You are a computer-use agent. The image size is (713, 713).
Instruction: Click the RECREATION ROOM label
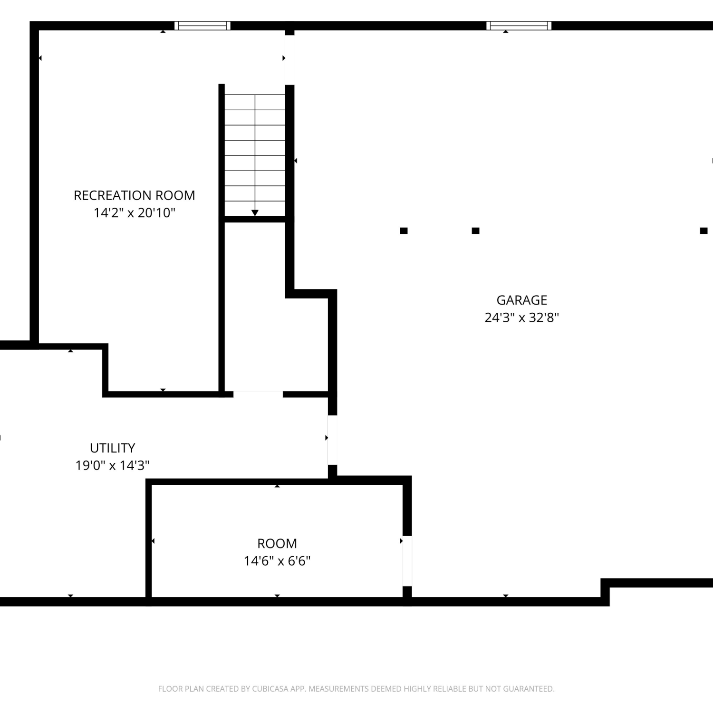pos(135,195)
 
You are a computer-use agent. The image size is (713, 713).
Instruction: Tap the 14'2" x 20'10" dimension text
pos(135,212)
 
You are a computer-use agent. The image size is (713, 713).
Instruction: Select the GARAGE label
pos(522,300)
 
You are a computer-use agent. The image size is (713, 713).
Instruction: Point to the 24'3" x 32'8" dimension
pos(522,318)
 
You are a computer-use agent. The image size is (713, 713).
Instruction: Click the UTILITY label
pos(113,448)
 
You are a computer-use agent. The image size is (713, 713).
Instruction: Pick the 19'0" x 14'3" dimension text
pos(113,465)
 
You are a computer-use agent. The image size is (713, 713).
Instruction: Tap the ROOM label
pos(277,543)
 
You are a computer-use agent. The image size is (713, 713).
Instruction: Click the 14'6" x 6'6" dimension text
pos(277,561)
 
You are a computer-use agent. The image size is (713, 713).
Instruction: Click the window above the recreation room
pos(202,26)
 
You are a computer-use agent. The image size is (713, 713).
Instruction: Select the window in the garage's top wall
pos(519,26)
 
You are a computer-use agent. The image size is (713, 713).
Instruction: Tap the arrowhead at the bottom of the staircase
pos(255,213)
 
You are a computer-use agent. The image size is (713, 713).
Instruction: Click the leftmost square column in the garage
pos(404,231)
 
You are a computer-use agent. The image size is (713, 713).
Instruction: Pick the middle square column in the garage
pos(475,231)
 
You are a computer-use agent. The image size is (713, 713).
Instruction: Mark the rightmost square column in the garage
pos(703,231)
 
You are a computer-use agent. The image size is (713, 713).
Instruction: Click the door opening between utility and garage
pos(333,440)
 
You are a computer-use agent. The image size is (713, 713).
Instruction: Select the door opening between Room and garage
pos(407,561)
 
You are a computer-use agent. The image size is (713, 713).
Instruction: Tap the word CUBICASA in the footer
pos(270,689)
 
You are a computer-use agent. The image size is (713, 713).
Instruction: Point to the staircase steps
pos(255,154)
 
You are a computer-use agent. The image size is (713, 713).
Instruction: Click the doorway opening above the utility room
pos(258,394)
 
